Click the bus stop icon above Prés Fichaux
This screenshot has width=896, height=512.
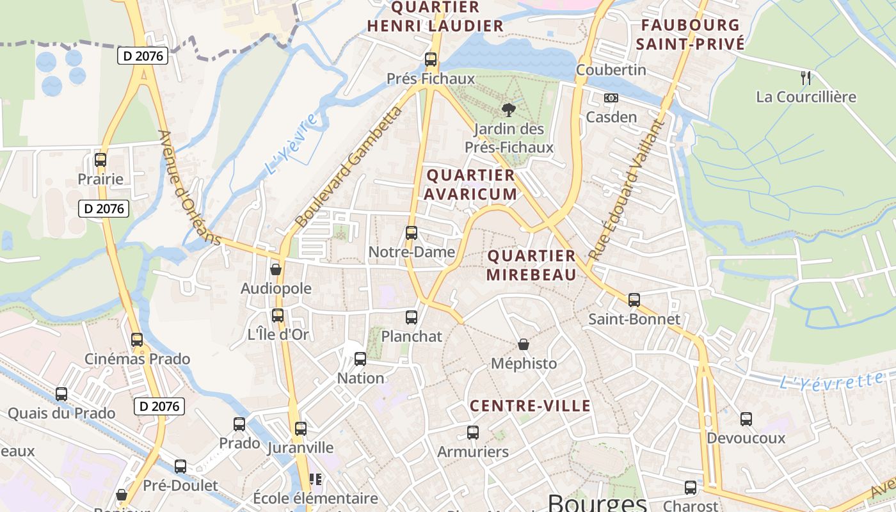click(431, 60)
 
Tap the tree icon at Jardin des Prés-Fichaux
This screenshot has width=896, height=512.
click(509, 110)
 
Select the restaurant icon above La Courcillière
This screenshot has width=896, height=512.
click(806, 78)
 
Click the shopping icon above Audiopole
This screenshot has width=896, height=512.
click(276, 269)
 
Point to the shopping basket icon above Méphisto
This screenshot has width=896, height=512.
click(524, 344)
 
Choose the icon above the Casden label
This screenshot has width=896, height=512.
click(611, 98)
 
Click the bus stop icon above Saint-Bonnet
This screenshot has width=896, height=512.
click(634, 300)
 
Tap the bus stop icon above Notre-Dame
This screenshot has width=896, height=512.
click(412, 233)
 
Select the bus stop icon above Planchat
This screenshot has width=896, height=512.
click(412, 317)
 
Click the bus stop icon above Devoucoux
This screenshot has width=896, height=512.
click(746, 419)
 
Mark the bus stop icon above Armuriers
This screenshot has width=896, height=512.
click(473, 433)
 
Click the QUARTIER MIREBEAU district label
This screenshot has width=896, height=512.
click(531, 265)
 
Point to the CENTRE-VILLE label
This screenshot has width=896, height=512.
click(531, 406)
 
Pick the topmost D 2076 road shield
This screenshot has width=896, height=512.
click(143, 56)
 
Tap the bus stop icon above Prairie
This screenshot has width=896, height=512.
click(100, 160)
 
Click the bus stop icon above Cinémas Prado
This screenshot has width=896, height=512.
click(137, 340)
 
